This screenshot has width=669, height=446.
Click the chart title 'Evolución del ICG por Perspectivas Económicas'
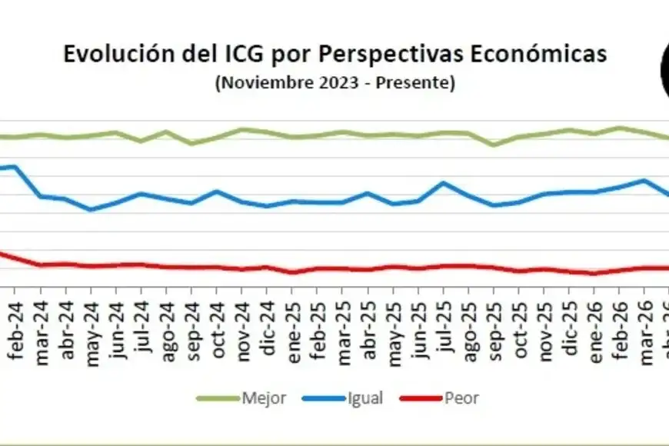[x=335, y=54]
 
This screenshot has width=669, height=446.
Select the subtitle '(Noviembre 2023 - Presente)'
[x=335, y=82]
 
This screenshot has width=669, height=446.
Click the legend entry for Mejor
[x=241, y=398]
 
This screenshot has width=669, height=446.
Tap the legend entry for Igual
[x=343, y=398]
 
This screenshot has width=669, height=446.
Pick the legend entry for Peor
[x=439, y=398]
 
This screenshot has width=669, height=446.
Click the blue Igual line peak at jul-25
[x=444, y=183]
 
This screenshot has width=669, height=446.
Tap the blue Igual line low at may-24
[x=91, y=209]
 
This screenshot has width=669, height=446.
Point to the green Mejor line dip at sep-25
[x=494, y=145]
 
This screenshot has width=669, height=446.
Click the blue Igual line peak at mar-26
[x=644, y=181]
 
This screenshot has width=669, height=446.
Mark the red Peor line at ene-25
[x=293, y=272]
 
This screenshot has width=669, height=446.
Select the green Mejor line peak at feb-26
[x=619, y=128]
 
